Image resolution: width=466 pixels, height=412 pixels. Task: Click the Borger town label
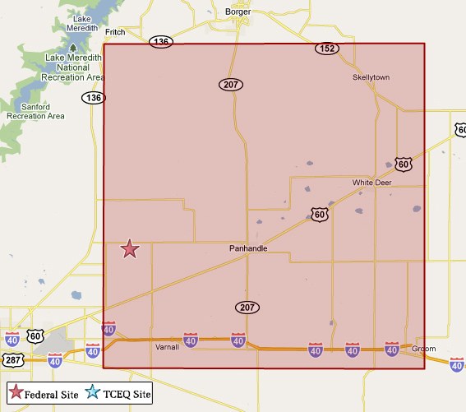[x=238, y=12]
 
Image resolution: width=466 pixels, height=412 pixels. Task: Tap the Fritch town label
[x=116, y=32]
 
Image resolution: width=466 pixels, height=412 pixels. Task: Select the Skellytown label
[x=371, y=77]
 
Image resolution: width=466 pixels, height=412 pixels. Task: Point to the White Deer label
[x=371, y=183]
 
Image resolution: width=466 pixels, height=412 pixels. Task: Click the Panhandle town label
[x=247, y=248]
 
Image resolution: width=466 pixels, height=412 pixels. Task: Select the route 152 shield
[x=326, y=49]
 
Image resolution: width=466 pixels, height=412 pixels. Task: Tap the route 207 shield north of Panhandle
[x=230, y=84]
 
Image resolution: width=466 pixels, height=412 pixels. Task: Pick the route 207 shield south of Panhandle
[x=247, y=307]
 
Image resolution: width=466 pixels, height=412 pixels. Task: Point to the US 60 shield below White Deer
[x=320, y=215]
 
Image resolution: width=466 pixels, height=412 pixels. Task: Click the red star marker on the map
[x=130, y=249]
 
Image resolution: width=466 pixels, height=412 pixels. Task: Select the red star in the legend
[x=16, y=393]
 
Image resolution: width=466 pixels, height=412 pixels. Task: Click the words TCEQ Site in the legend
[x=126, y=394]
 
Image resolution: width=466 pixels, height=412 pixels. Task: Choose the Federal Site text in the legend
[x=51, y=394]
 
